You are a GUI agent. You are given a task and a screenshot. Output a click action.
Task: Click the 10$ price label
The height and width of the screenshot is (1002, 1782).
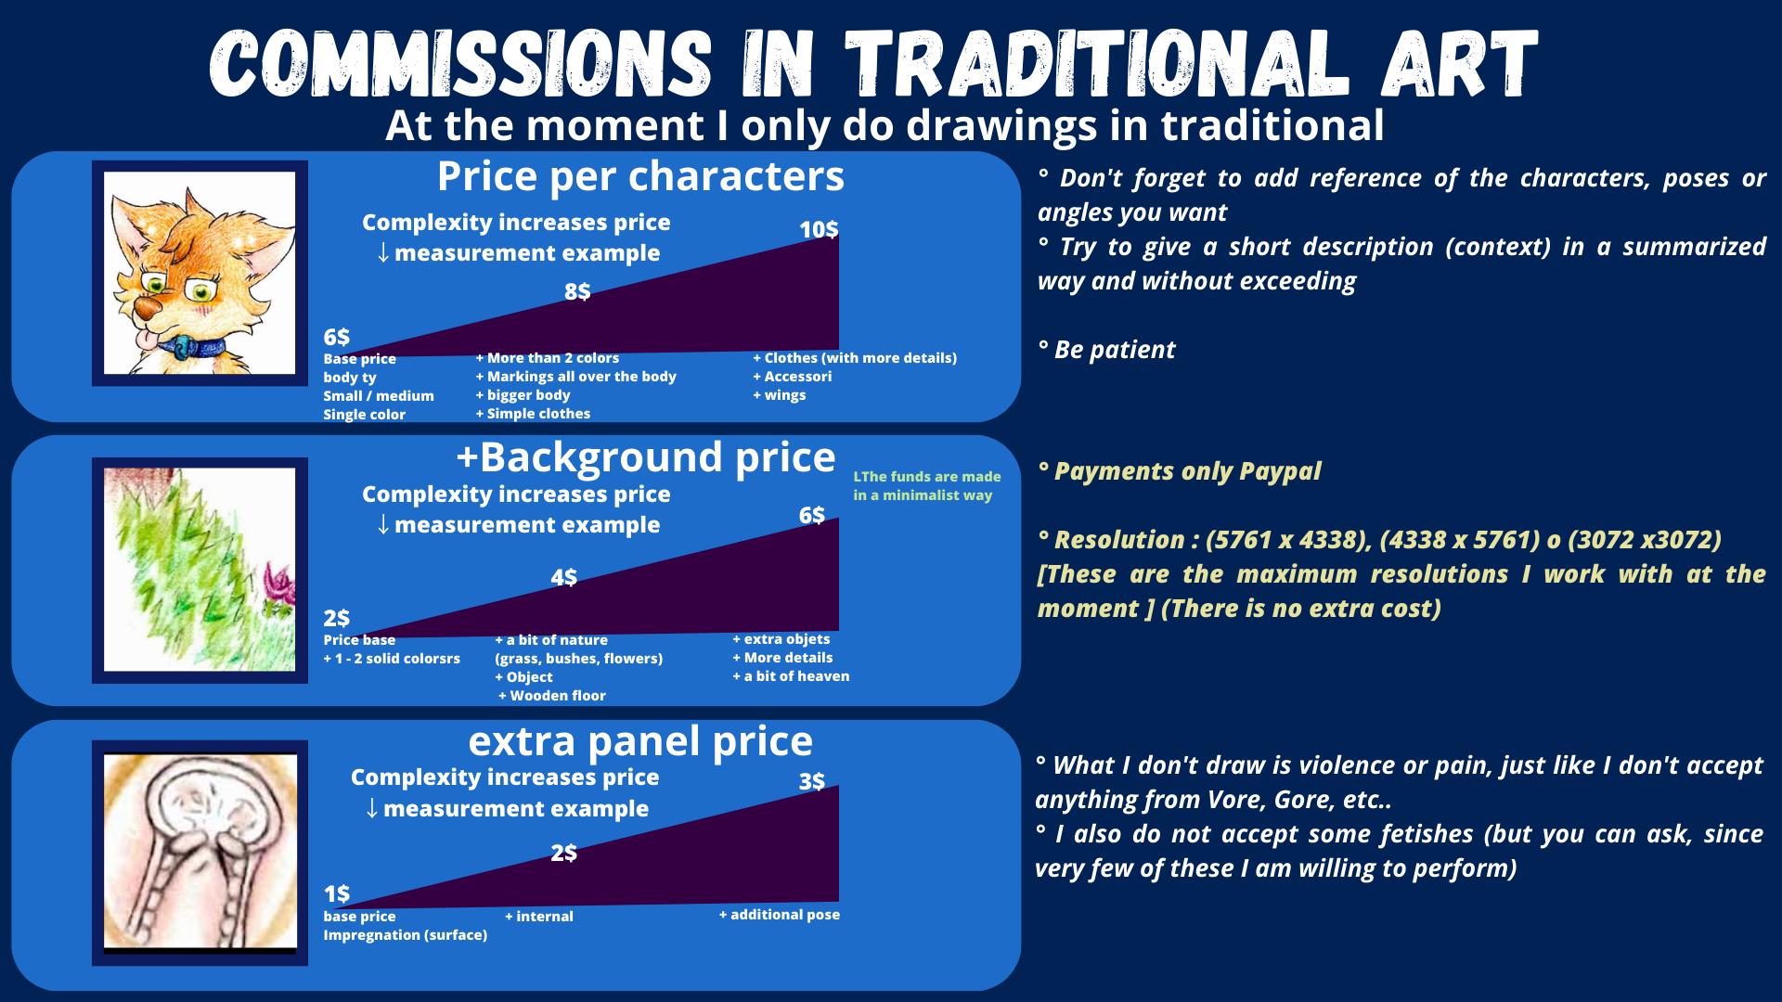819,229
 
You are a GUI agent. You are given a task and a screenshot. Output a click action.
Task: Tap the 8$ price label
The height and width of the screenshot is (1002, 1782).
577,291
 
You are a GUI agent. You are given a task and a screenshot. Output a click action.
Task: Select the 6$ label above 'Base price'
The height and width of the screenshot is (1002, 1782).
337,337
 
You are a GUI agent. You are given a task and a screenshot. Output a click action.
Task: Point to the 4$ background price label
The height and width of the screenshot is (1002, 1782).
563,577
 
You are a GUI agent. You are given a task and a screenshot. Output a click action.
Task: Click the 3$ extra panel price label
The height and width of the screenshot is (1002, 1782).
812,781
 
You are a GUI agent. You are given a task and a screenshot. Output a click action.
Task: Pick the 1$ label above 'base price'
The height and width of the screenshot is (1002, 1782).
337,893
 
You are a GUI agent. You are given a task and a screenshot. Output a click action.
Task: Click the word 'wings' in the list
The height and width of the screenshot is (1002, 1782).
785,395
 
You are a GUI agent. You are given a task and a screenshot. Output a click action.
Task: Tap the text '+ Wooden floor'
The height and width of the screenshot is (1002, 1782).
552,696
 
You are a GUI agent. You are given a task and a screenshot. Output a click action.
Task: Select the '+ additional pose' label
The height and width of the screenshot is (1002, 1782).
780,915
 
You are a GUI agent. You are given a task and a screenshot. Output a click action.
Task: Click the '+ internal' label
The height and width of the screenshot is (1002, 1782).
539,917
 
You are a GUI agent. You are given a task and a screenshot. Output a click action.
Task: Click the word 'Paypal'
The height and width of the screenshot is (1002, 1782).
1280,471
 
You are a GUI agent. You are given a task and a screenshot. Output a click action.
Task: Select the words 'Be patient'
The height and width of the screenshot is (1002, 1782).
1115,350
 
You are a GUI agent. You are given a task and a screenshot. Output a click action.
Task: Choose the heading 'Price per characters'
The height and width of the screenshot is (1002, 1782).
640,176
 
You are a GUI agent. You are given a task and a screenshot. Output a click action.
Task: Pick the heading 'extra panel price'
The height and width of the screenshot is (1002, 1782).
640,741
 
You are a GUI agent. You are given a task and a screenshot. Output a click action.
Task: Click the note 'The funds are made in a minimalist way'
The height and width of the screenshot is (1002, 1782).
927,486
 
